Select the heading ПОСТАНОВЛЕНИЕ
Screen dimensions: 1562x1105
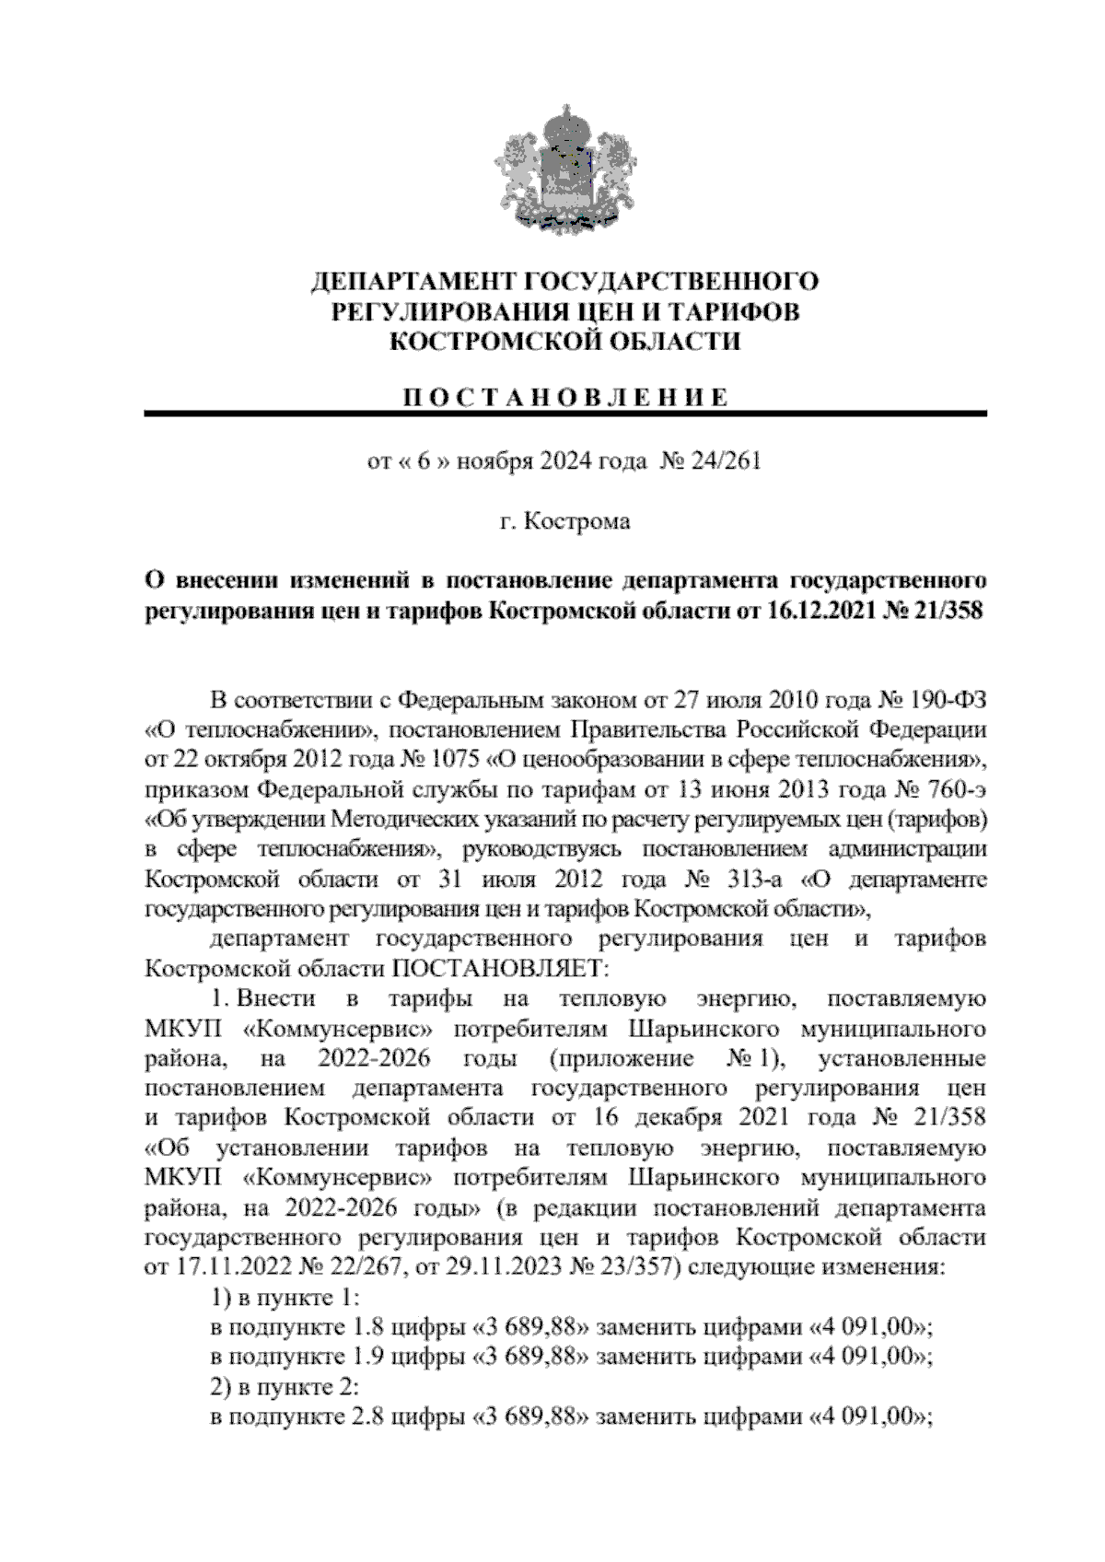[565, 398]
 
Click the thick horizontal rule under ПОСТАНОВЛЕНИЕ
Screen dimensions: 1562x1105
[565, 414]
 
